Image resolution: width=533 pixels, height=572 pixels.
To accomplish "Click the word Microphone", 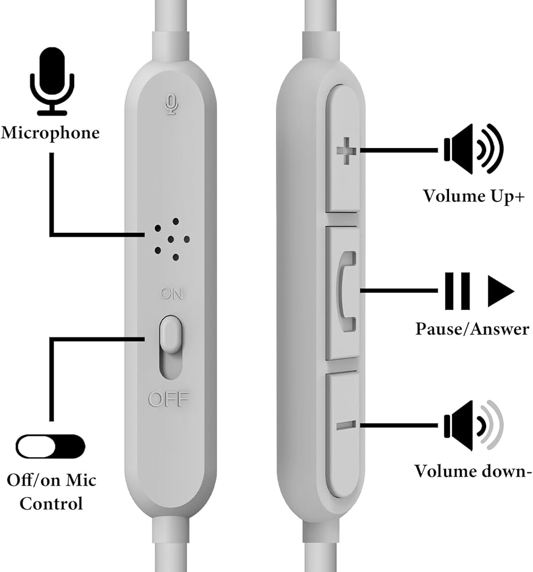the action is click(50, 133).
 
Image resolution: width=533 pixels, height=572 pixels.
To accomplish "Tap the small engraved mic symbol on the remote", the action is click(170, 104).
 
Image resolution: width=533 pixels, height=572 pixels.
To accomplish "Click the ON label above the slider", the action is click(171, 295).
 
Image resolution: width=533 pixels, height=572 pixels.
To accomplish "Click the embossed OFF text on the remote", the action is click(168, 399).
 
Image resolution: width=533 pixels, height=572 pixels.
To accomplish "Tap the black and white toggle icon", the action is click(50, 446).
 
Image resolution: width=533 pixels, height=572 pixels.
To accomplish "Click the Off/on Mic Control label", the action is click(51, 491).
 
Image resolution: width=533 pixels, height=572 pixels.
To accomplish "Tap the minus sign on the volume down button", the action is click(346, 425).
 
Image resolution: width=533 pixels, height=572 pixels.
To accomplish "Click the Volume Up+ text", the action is click(474, 196).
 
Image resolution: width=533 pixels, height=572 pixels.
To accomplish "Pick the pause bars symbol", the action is click(457, 291).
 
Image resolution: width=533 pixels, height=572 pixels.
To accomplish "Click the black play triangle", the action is click(500, 291).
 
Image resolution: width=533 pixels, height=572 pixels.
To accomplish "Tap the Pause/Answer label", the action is click(472, 329).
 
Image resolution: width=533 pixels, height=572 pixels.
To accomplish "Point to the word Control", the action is click(51, 504).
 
